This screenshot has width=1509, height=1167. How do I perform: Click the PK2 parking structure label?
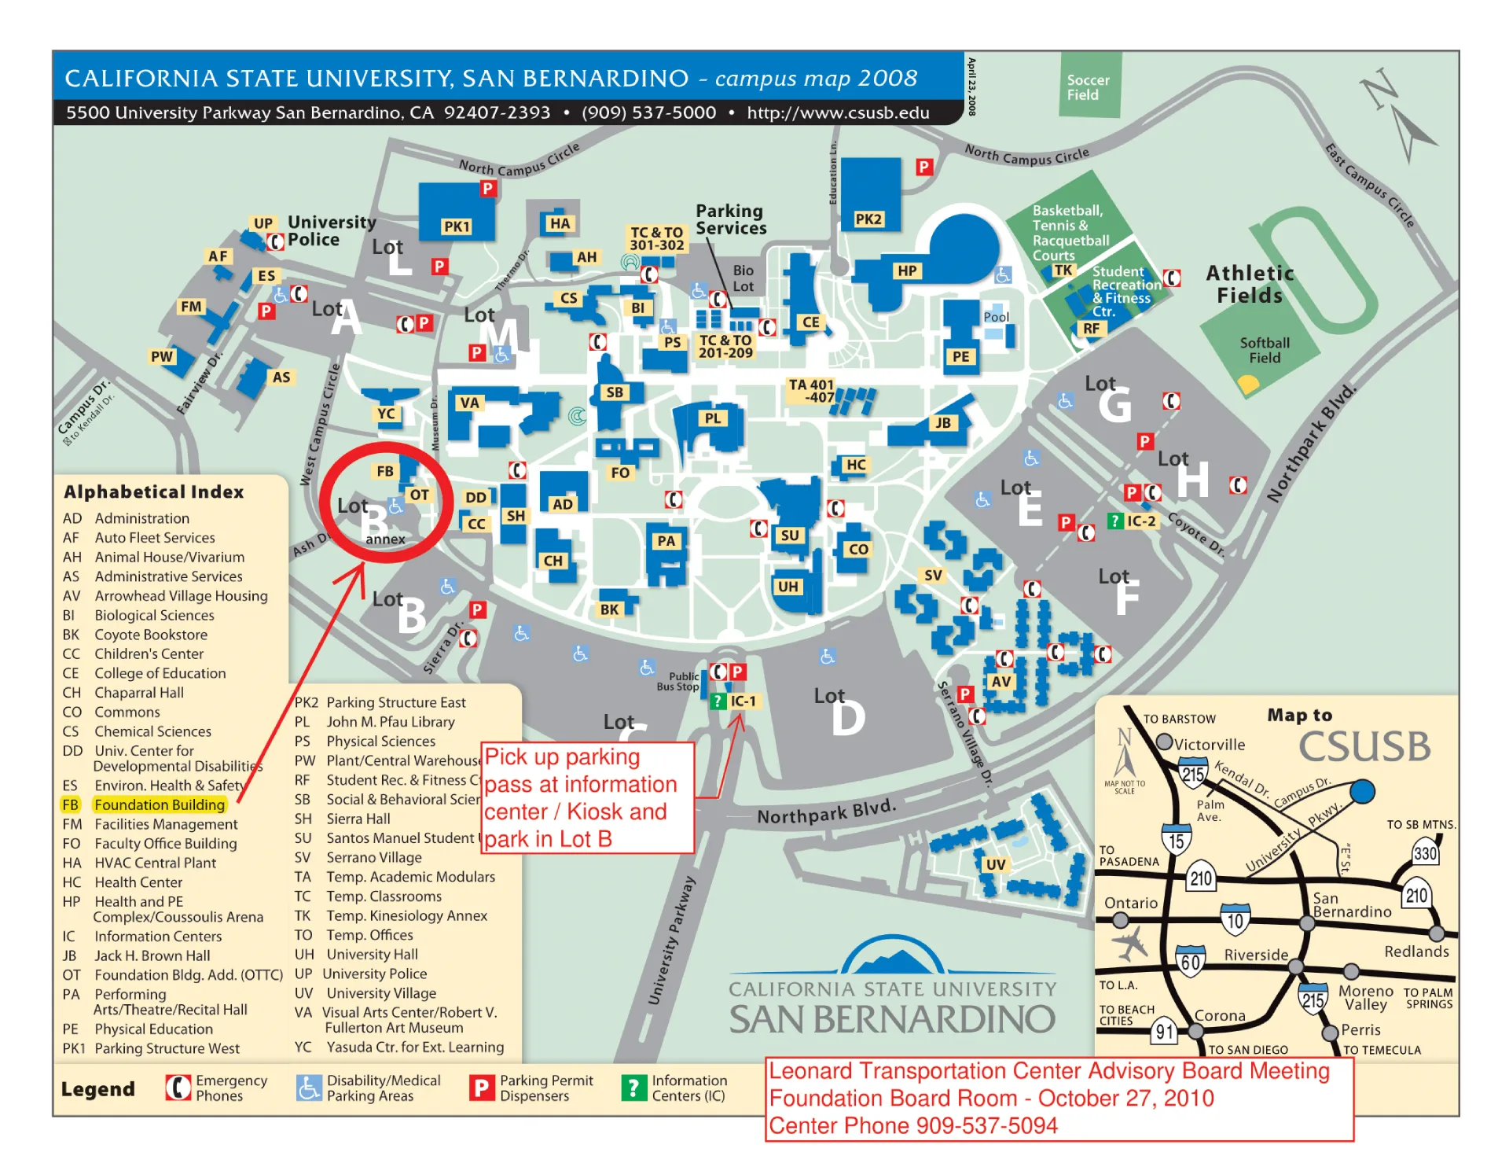coord(868,219)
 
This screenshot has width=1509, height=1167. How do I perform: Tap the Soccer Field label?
coord(1088,87)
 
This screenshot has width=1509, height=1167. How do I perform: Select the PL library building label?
coord(712,418)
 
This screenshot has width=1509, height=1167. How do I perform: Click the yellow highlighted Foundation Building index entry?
coord(159,804)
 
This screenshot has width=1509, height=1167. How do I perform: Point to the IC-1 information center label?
coord(742,701)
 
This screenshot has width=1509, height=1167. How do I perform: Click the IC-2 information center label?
coord(1140,521)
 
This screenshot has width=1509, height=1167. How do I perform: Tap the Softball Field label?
coord(1264,350)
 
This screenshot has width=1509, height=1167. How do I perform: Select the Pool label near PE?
coord(996,317)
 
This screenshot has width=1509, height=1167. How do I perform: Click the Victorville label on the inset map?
coord(1209,744)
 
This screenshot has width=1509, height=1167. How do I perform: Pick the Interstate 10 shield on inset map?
coord(1235,920)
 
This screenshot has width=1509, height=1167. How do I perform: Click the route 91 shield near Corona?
coord(1164,1032)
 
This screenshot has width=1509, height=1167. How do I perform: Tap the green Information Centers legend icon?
coord(633,1088)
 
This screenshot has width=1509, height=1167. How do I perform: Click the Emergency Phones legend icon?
coord(178,1088)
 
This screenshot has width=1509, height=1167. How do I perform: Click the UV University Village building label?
coord(995,864)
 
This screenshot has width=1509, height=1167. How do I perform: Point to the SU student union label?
coord(789,536)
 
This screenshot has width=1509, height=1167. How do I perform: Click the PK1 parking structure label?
coord(456,226)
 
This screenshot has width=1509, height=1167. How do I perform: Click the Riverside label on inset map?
coord(1255,955)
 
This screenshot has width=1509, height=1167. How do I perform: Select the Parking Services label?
coord(730,219)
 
